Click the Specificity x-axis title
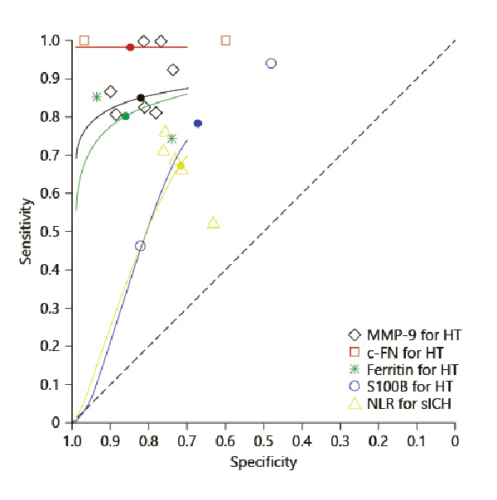pos(263,463)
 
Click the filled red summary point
pos(130,47)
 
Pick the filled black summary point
pos(141,98)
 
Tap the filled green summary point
pos(125,116)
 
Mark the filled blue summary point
pos(198,123)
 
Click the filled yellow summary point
pos(181,166)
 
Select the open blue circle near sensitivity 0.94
pos(271,64)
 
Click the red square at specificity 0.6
pos(226,41)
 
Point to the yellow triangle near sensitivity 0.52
pos(213,223)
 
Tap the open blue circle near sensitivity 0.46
pos(140,246)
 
